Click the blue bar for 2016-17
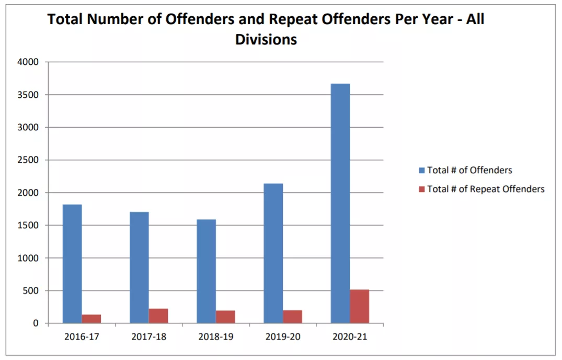pyautogui.click(x=72, y=264)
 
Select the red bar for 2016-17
pyautogui.click(x=91, y=319)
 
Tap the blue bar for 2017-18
pyautogui.click(x=139, y=267)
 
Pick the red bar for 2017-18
pyautogui.click(x=158, y=316)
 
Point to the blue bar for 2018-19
pyautogui.click(x=206, y=272)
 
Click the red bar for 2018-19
pyautogui.click(x=225, y=317)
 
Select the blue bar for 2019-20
pyautogui.click(x=273, y=253)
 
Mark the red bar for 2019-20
pyautogui.click(x=292, y=317)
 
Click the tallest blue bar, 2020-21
pyautogui.click(x=340, y=204)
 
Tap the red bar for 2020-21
pyautogui.click(x=360, y=307)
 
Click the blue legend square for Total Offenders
pyautogui.click(x=421, y=170)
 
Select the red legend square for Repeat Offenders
pyautogui.click(x=421, y=189)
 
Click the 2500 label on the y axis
pyautogui.click(x=28, y=160)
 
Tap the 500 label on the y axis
pyautogui.click(x=30, y=291)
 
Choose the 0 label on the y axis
pyautogui.click(x=36, y=323)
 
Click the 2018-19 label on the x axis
pyautogui.click(x=216, y=336)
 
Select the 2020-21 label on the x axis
pyautogui.click(x=350, y=336)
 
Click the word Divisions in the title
pyautogui.click(x=266, y=39)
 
